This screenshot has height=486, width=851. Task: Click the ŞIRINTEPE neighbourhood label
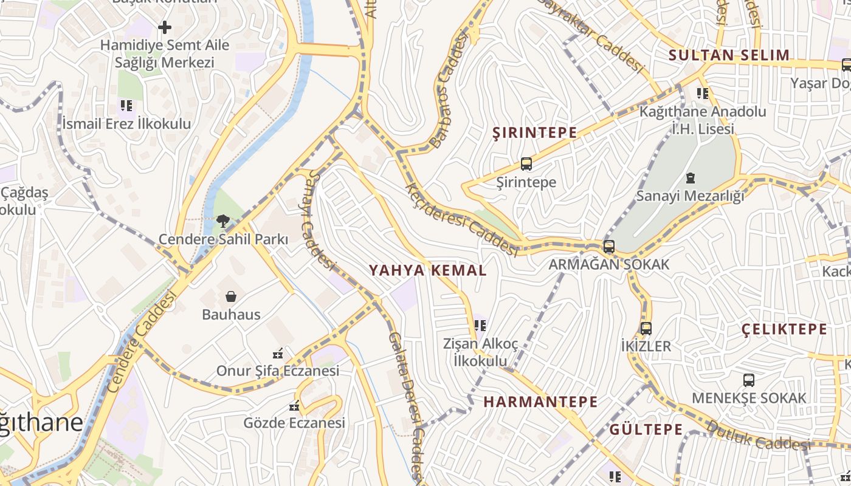[534, 133]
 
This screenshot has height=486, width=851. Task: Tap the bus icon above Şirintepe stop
[526, 164]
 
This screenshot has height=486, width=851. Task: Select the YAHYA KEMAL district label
[428, 270]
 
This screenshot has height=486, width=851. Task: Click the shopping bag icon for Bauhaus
[231, 296]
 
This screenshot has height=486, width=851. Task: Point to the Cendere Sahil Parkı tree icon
[223, 221]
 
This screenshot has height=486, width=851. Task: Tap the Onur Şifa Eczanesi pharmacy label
[278, 371]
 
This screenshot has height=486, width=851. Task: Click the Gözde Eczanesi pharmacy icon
[295, 406]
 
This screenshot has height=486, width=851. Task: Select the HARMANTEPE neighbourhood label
[540, 402]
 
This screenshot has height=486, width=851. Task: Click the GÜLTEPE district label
[646, 430]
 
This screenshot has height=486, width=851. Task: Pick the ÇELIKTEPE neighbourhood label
[784, 330]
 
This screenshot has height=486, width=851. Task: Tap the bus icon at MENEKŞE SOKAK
[749, 380]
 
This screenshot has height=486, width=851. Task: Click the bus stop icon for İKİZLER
[646, 329]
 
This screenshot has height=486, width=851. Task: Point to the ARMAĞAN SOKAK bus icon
[608, 247]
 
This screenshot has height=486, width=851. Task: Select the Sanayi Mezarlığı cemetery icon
[690, 179]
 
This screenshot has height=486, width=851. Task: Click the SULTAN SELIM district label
[729, 55]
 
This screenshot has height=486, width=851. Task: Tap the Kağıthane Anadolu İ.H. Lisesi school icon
[703, 94]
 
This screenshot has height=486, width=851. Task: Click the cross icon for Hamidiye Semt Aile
[164, 27]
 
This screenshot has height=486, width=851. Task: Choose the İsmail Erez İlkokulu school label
[126, 124]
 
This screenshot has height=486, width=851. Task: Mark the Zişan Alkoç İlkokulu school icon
[480, 326]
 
